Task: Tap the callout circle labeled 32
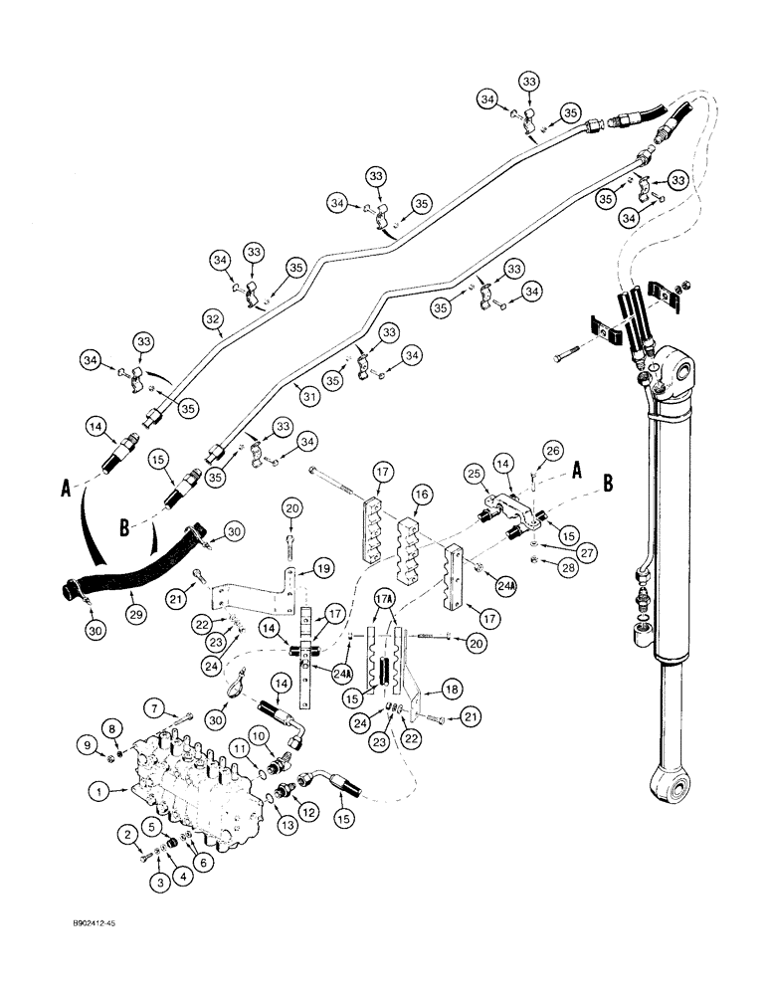[212, 320]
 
